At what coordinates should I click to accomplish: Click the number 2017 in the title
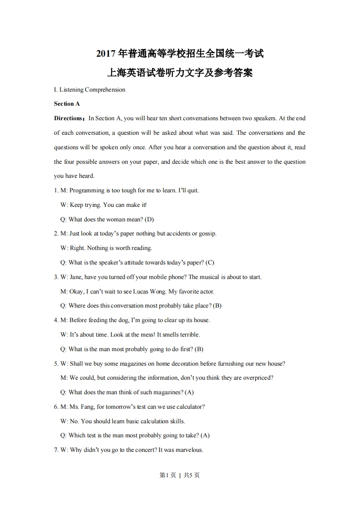pyautogui.click(x=106, y=54)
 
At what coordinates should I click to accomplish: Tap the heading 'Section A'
pyautogui.click(x=67, y=104)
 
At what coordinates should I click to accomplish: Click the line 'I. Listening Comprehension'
pyautogui.click(x=89, y=89)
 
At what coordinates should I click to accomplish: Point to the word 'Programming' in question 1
pyautogui.click(x=87, y=191)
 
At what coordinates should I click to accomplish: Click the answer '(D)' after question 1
pyautogui.click(x=149, y=220)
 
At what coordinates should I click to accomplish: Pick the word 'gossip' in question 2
pyautogui.click(x=207, y=234)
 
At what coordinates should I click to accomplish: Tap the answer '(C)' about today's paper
pyautogui.click(x=210, y=263)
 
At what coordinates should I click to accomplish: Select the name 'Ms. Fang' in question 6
pyautogui.click(x=81, y=407)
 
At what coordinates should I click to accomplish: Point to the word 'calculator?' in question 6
pyautogui.click(x=189, y=407)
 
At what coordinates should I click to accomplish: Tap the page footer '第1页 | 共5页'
pyautogui.click(x=180, y=475)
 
